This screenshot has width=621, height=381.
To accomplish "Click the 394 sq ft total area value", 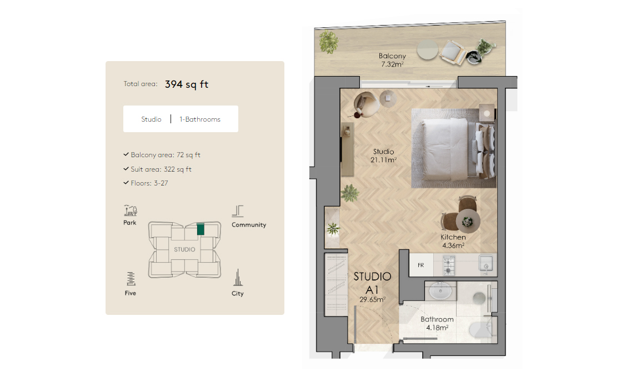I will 186,84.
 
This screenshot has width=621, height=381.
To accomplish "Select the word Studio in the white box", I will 151,119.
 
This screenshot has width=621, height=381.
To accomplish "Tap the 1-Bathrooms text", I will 200,119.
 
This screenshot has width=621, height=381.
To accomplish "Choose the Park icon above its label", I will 130,210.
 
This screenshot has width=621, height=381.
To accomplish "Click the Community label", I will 248,225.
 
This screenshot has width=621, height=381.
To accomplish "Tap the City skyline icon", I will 238,278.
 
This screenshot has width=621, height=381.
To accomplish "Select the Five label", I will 130,293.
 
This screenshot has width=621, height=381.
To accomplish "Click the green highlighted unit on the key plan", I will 201,228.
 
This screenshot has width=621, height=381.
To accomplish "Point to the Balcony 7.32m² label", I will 392,60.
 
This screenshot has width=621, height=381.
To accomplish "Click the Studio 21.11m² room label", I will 383,156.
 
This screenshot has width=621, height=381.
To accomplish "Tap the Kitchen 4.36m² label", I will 453,241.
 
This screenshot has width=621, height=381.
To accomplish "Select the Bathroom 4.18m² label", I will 437,323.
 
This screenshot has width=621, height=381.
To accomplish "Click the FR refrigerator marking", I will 420,265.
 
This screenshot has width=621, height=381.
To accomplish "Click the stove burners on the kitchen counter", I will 448,265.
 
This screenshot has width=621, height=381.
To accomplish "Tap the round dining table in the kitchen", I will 467,222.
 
